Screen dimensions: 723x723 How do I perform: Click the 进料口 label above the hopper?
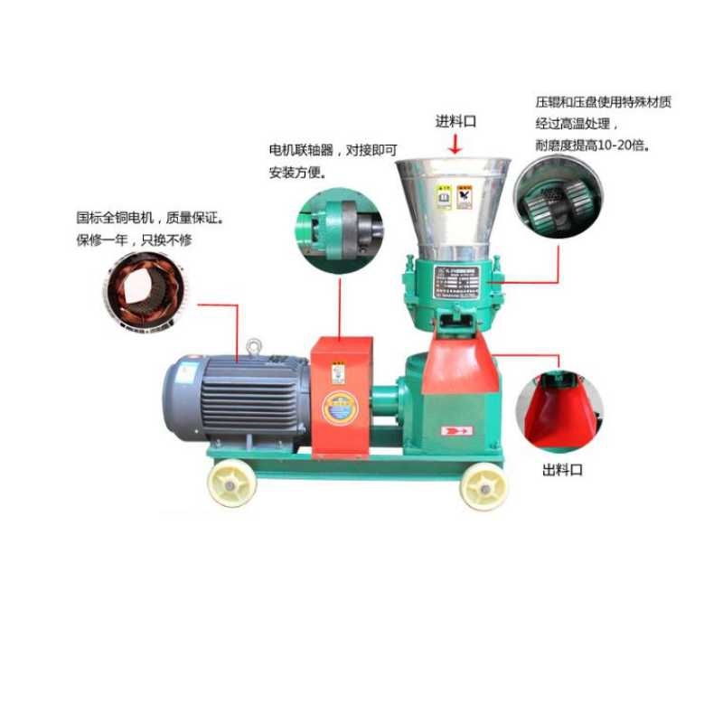pos(455,121)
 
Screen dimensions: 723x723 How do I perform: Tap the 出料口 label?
pos(562,471)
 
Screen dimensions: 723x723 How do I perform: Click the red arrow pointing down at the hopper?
pos(456,142)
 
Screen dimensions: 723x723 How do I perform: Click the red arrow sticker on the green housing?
pos(451,432)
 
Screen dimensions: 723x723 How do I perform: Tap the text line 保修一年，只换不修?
pos(135,240)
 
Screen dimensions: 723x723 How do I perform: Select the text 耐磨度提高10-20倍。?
pos(593,145)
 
